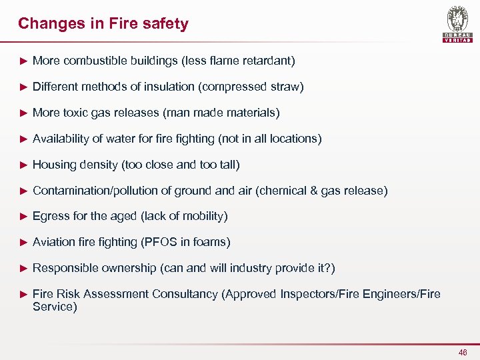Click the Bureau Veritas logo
[x=457, y=25]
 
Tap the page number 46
[x=463, y=352]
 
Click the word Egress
[x=51, y=217]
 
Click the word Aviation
[x=54, y=242]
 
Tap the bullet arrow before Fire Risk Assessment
[x=23, y=294]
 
